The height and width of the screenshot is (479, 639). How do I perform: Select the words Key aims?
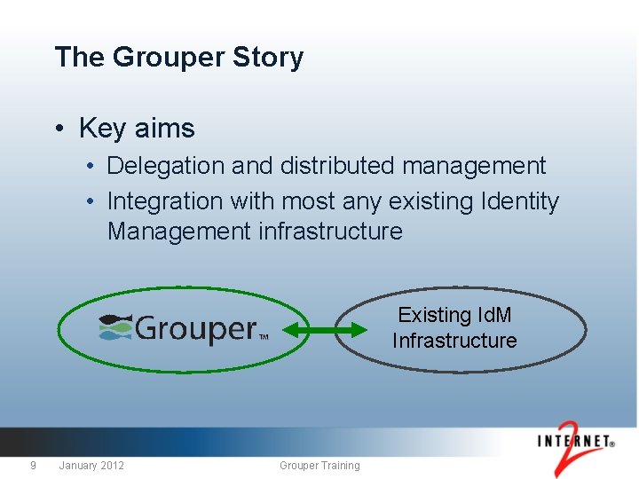click(137, 129)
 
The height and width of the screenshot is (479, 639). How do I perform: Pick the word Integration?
click(165, 201)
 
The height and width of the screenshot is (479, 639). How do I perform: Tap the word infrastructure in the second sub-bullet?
click(330, 232)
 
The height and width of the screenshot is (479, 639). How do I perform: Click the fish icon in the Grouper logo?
click(115, 327)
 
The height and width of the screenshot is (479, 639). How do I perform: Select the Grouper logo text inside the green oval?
click(195, 329)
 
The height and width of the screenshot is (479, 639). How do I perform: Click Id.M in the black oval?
click(494, 315)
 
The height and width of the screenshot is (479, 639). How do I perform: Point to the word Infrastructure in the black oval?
click(454, 341)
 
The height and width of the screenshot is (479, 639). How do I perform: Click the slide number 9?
click(33, 466)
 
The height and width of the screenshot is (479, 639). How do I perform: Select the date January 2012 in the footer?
click(91, 466)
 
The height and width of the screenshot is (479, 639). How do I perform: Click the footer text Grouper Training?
click(319, 466)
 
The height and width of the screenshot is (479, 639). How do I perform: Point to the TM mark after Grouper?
click(264, 337)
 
